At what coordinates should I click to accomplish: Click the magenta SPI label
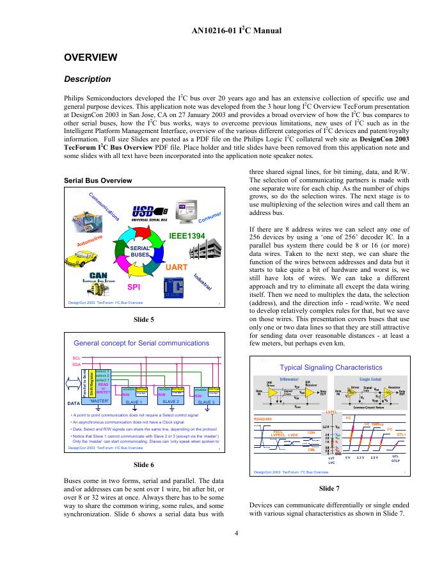point(134,287)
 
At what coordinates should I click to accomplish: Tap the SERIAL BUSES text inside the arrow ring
point(139,251)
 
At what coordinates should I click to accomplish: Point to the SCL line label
point(76,358)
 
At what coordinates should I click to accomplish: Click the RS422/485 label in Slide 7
point(265,418)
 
